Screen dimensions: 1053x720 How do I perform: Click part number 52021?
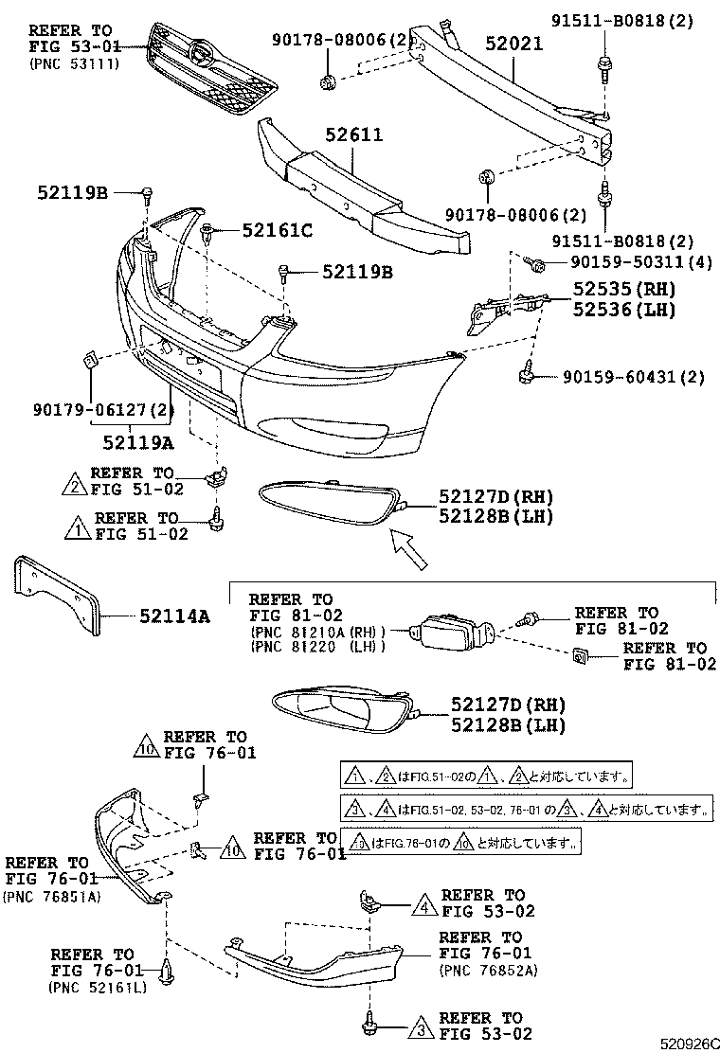tap(514, 44)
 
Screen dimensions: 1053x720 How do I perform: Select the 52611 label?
tap(351, 135)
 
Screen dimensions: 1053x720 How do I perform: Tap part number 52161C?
tap(277, 229)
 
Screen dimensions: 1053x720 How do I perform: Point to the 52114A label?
tap(174, 616)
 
